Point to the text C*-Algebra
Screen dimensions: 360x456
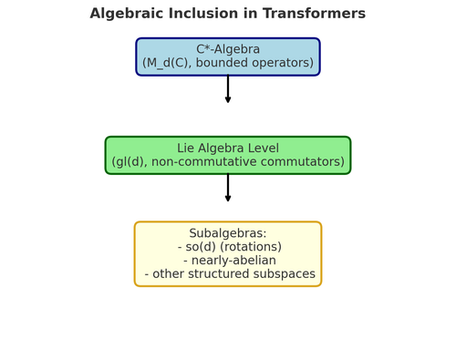click(228, 49)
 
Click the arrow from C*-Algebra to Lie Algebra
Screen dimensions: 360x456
click(228, 89)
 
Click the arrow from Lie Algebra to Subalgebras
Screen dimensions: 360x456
click(228, 188)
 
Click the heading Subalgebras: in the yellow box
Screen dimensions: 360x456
click(228, 233)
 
